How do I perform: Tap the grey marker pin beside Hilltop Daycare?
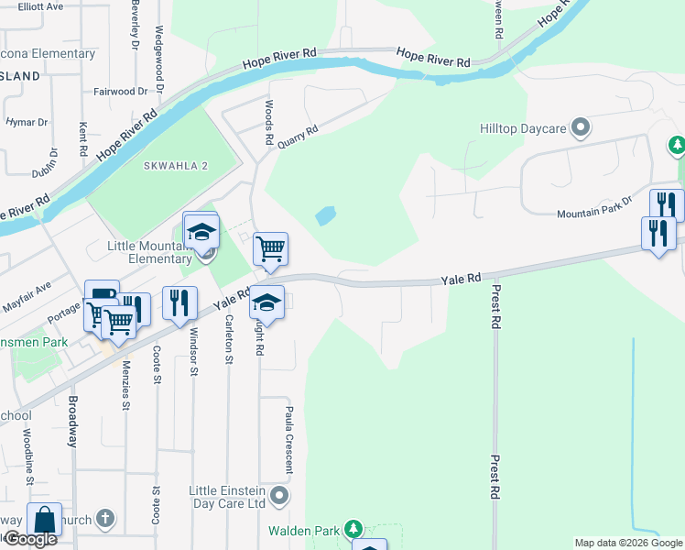580,128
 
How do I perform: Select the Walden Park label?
303,530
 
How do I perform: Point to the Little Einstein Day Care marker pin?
280,497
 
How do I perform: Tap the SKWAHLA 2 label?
177,165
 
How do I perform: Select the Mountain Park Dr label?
595,213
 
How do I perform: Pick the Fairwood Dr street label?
121,92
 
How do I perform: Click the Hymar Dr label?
27,122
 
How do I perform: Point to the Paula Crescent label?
288,440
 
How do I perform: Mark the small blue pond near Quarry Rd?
324,216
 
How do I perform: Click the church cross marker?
105,519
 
